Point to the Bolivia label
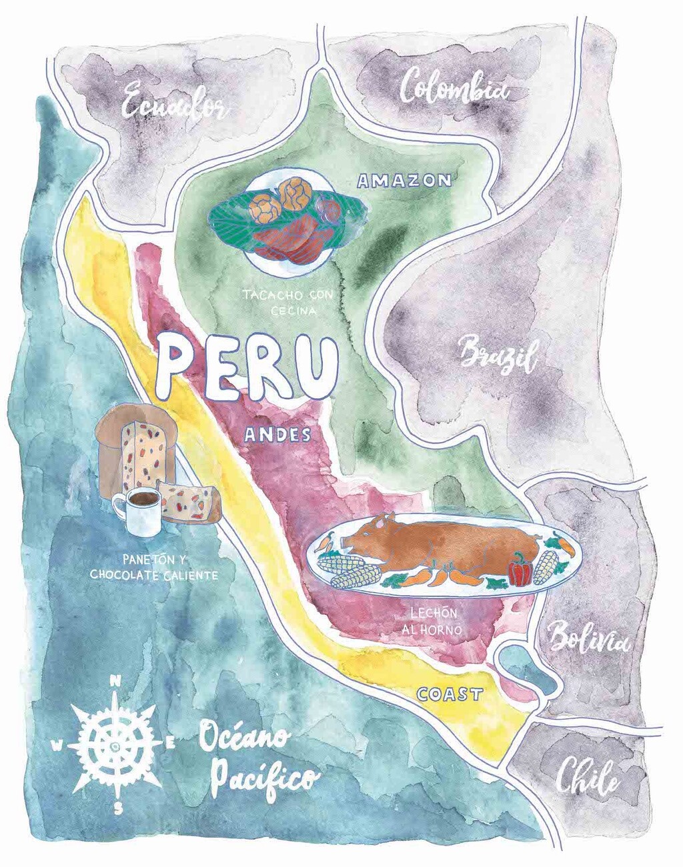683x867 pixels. click(588, 640)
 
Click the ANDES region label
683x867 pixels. click(277, 435)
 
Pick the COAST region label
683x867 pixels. click(450, 694)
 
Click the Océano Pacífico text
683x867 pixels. click(257, 760)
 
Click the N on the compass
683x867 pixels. click(115, 682)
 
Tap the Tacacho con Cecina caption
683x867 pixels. click(288, 301)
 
